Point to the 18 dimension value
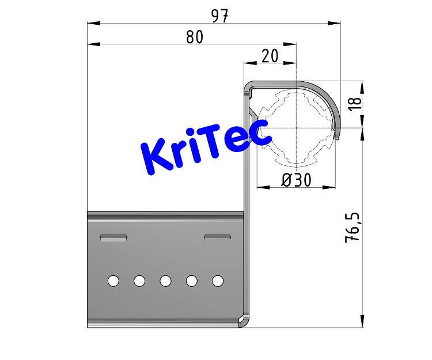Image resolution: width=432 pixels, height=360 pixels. coord(355,103)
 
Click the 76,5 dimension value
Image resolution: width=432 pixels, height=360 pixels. coord(353,227)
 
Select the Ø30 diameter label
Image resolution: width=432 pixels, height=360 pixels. coord(296,180)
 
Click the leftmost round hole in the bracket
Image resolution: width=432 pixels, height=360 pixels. coord(113,281)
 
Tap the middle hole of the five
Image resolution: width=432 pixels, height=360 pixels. coord(165,281)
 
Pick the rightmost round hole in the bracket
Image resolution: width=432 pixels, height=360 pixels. coord(218,281)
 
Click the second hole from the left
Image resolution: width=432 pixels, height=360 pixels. coord(139,281)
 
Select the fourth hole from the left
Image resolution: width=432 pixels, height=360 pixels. coord(192,281)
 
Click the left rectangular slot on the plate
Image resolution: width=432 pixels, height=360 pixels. coord(113,237)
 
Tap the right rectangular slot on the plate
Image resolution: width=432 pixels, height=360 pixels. coord(218,236)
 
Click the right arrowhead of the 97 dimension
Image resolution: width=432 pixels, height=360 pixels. coord(335,23)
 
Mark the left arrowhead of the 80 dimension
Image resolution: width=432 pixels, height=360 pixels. coord(92,44)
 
